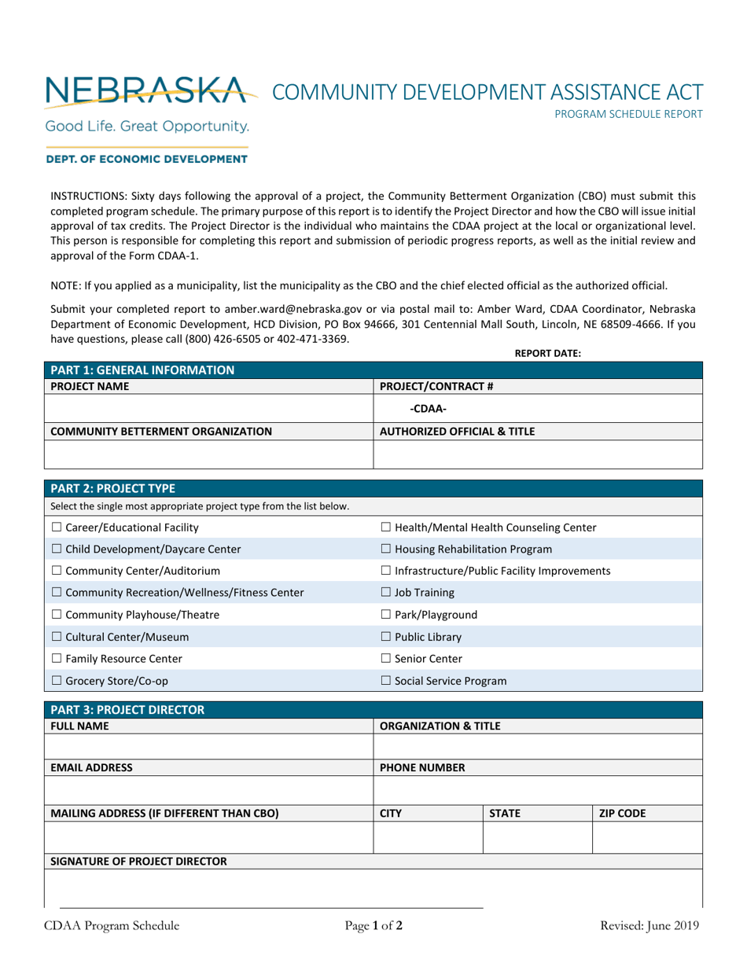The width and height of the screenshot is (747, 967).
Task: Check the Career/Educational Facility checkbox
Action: click(x=56, y=528)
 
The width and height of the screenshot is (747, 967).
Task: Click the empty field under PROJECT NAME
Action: click(x=208, y=408)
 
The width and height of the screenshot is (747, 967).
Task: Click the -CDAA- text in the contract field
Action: click(x=429, y=408)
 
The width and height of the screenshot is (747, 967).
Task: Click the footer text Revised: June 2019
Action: click(x=649, y=925)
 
